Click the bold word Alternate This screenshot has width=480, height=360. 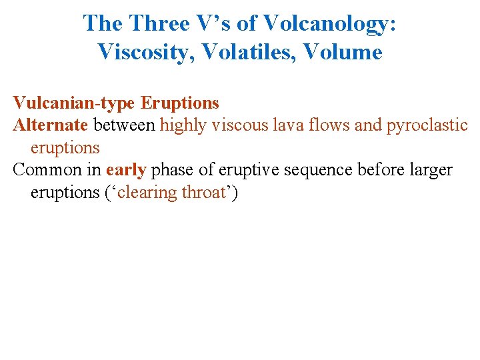coord(50,125)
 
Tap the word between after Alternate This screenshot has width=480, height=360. coord(125,125)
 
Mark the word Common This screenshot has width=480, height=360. coord(42,170)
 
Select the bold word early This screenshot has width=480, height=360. coord(126,170)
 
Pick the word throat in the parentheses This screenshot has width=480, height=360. coord(204,192)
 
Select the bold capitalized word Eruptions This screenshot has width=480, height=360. coord(180,103)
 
